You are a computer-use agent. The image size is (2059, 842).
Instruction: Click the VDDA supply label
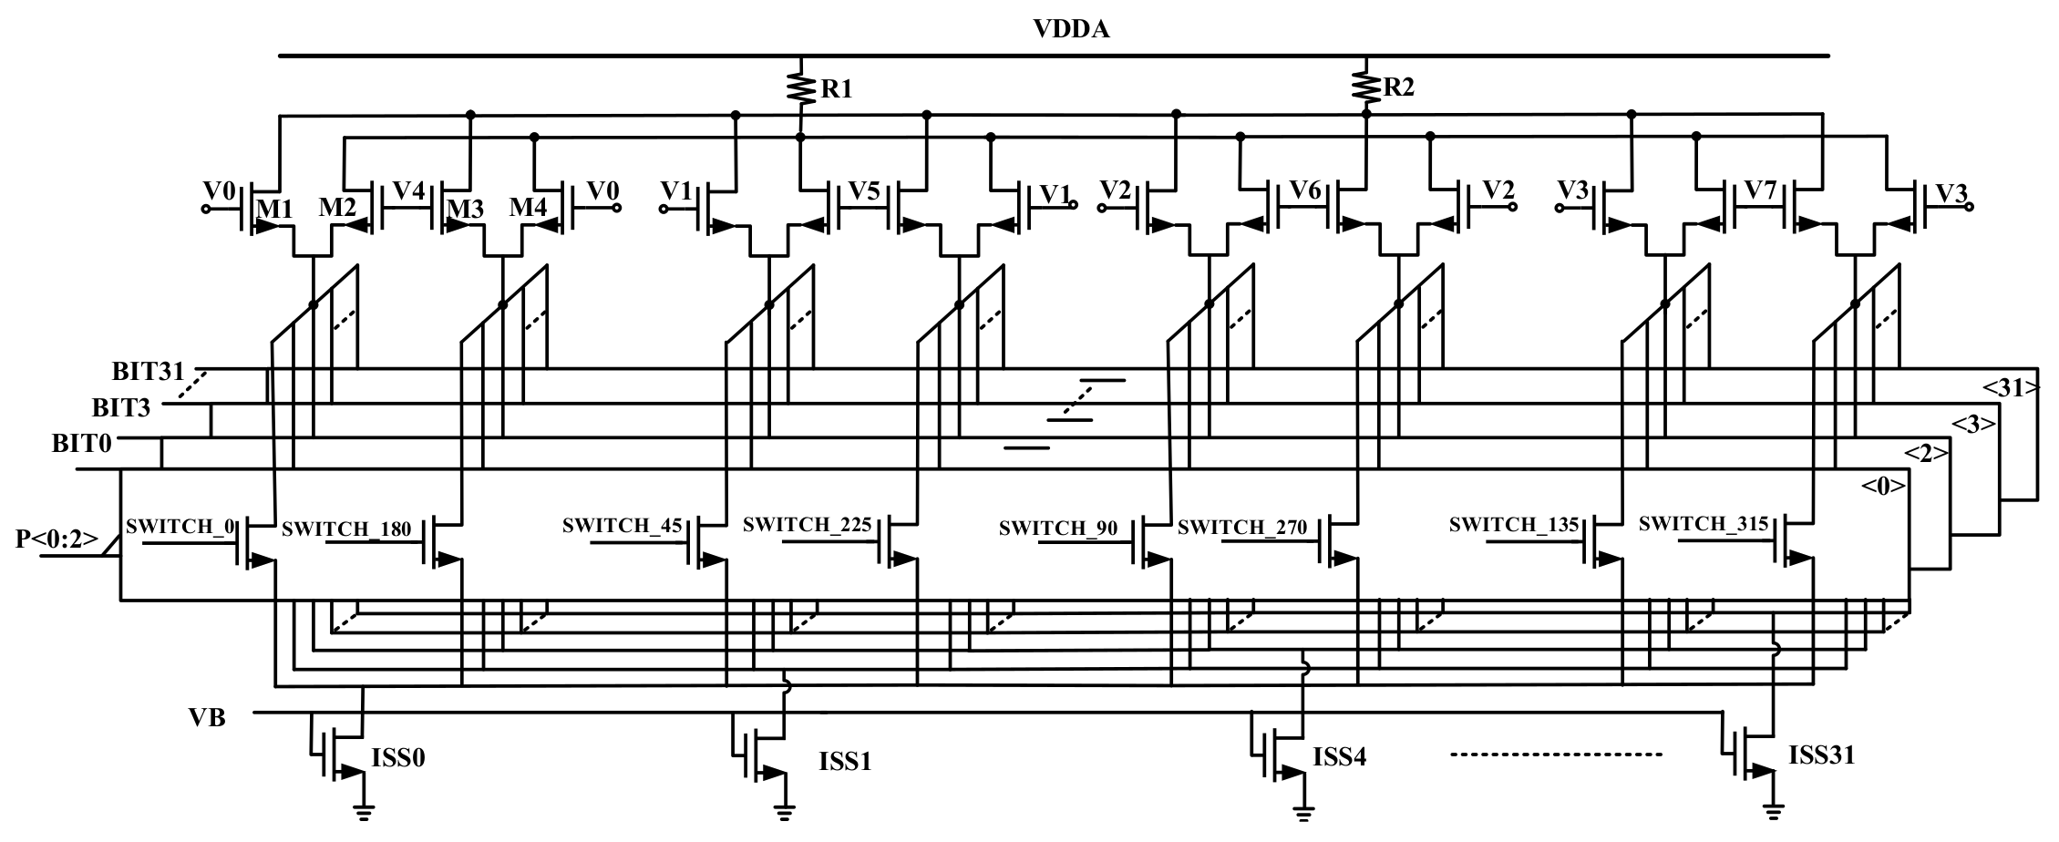point(1071,29)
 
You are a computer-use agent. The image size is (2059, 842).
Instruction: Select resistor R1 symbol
point(800,88)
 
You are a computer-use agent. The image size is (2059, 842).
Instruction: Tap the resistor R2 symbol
point(1365,87)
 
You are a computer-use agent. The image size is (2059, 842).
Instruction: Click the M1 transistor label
point(274,209)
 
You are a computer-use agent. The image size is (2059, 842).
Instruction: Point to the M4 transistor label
point(528,208)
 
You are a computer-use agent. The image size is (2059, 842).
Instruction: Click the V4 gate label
point(408,191)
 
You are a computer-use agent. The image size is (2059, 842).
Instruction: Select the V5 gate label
point(864,191)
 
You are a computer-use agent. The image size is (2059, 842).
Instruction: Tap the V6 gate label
point(1306,191)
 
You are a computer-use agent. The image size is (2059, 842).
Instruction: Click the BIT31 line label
point(149,372)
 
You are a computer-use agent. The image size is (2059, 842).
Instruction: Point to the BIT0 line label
point(82,444)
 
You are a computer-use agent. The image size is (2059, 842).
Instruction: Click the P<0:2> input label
point(56,539)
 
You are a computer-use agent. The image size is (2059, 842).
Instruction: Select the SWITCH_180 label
point(346,529)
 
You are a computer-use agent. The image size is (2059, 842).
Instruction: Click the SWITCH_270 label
point(1242,527)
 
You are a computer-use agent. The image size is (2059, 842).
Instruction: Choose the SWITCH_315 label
point(1704,524)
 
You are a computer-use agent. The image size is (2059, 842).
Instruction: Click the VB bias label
point(207,718)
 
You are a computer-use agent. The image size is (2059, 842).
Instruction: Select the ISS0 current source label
point(398,758)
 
